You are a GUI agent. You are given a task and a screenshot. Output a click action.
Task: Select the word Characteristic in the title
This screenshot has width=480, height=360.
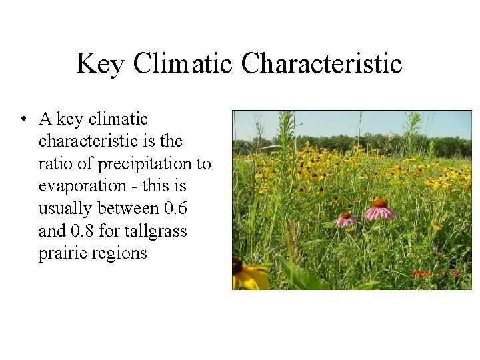(x=322, y=64)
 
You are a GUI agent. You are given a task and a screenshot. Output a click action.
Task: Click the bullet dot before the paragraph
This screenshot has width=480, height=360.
(x=23, y=120)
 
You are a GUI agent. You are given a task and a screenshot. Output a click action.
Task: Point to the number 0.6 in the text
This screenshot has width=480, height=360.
(x=176, y=209)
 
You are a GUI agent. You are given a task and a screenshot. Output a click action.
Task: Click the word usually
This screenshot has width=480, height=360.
(x=65, y=209)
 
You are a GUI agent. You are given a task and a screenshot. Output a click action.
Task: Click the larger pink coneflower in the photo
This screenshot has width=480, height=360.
(x=379, y=209)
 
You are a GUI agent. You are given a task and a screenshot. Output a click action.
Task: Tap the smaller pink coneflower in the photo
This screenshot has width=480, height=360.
(x=345, y=219)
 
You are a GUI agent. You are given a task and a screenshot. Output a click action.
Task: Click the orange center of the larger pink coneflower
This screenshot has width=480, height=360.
(x=379, y=203)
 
